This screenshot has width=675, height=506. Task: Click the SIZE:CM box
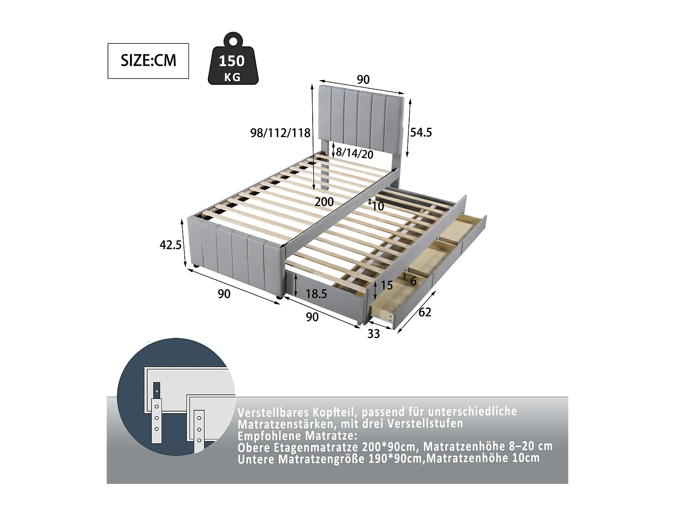[148, 61]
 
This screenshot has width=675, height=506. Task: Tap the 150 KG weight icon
[233, 58]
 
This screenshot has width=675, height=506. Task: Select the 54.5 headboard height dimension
[421, 132]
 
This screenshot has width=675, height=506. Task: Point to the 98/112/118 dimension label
[280, 133]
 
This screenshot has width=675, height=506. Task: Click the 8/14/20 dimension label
[354, 153]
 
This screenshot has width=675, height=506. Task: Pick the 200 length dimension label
[324, 202]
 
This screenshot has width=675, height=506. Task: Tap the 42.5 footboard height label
[170, 245]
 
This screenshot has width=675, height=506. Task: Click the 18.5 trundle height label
[316, 294]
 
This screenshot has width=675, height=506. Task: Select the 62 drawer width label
[425, 312]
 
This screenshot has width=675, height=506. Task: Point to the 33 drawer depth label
[374, 334]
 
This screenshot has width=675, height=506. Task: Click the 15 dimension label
[387, 285]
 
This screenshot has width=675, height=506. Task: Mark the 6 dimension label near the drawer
[413, 281]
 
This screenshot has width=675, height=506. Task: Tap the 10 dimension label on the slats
[378, 206]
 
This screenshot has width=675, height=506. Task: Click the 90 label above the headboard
[363, 80]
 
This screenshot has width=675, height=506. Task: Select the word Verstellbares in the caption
[273, 412]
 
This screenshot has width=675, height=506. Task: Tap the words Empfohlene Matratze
[297, 435]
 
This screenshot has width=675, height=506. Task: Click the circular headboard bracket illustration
[176, 396]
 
